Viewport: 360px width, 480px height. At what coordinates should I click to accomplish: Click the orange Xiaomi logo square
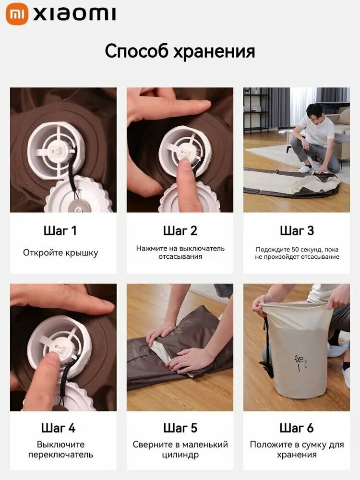pos(17,14)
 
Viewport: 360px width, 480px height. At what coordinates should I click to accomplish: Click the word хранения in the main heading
pos(214,51)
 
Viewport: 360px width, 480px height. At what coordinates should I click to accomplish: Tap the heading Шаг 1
pos(60,231)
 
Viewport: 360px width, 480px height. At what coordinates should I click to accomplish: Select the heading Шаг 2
pos(180,231)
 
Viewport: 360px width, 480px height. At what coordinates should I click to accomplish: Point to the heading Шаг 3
pos(297,231)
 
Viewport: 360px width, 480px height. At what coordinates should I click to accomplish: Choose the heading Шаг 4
pos(58,428)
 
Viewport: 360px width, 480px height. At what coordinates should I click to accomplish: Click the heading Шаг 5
pos(180,428)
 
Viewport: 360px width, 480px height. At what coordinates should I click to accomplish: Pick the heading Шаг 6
pos(297,428)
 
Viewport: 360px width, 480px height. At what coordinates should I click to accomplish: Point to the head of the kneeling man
pos(314,112)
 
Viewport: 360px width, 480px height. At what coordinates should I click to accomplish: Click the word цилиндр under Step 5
pos(180,455)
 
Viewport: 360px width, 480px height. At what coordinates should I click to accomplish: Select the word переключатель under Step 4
pos(60,455)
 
